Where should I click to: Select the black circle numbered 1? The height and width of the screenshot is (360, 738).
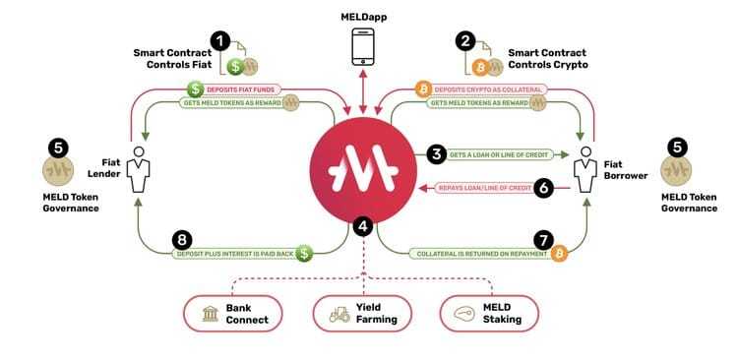[x=220, y=41]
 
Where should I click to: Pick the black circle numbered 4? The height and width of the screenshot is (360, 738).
[x=364, y=226]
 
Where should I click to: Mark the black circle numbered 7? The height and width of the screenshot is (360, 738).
[x=542, y=239]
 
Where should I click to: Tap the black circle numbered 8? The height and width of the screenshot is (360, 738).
[x=181, y=239]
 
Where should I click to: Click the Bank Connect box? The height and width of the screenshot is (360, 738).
[x=233, y=314]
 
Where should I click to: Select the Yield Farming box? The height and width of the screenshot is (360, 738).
[x=365, y=314]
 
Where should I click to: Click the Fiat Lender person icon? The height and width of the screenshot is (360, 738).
[x=140, y=172]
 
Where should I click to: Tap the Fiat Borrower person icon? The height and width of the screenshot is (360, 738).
[x=588, y=171]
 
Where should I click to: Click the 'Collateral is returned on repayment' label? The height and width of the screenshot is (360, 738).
[x=466, y=253]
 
